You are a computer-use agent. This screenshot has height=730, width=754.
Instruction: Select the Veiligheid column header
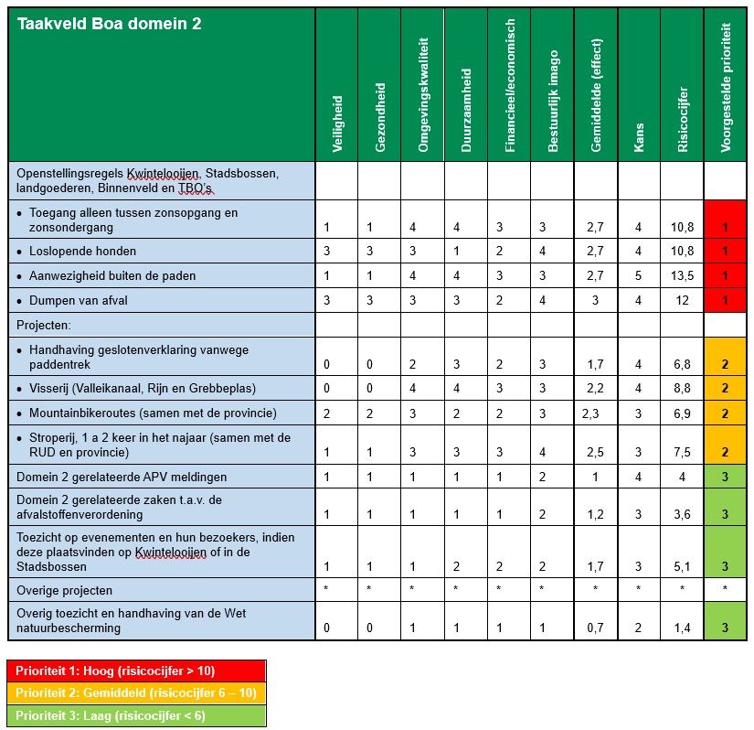tap(337, 119)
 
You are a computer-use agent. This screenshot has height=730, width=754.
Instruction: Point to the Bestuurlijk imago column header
tap(553, 100)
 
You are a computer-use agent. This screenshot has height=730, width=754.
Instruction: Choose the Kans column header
tap(639, 137)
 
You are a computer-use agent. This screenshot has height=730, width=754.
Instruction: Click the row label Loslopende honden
tap(82, 252)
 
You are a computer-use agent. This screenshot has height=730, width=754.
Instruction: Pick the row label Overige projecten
tap(63, 589)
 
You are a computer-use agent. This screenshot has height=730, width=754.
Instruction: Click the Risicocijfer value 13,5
tap(683, 276)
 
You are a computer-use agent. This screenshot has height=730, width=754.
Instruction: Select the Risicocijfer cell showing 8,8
tap(683, 388)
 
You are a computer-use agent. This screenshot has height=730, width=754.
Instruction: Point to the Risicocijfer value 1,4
tap(683, 628)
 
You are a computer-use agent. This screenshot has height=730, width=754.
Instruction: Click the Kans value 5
tap(639, 276)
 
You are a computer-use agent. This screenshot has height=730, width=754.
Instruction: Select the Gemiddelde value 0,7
tap(596, 628)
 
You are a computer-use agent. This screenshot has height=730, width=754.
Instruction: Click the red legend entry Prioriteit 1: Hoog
tap(136, 671)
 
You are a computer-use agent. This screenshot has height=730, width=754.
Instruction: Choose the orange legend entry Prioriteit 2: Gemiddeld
tap(136, 692)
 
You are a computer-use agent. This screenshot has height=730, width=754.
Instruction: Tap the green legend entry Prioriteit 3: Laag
tap(136, 714)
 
